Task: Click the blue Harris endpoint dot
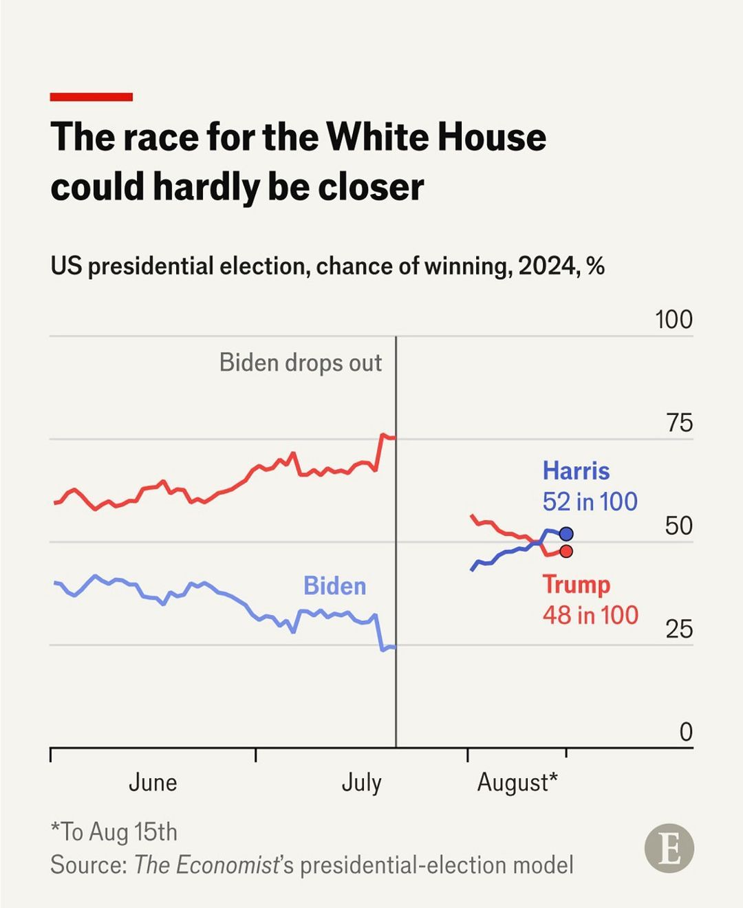(566, 534)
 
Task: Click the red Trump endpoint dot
(566, 551)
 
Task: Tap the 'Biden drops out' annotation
(300, 363)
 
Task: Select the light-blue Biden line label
(334, 586)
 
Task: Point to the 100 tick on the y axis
(674, 320)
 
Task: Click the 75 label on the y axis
(679, 423)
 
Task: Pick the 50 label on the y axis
(678, 526)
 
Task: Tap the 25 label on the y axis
(678, 629)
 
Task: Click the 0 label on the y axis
(685, 732)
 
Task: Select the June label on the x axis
(153, 783)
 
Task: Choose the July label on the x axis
(361, 783)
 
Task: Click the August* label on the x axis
(517, 783)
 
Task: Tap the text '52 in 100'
(590, 501)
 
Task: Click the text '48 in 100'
(590, 615)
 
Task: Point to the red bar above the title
(91, 97)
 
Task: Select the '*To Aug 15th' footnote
(114, 832)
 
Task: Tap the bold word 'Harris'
(576, 471)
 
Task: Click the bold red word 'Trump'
(576, 585)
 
